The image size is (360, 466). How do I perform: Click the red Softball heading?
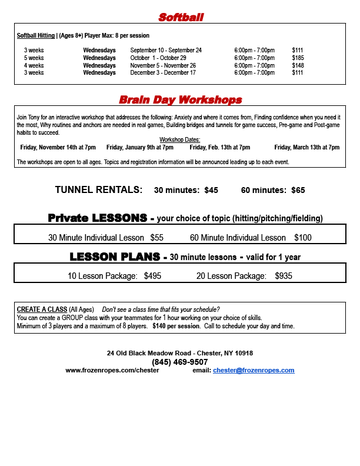click(181, 17)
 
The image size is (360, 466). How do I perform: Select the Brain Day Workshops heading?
click(180, 99)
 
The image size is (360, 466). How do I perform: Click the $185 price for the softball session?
click(298, 58)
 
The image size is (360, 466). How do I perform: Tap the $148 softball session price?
click(298, 65)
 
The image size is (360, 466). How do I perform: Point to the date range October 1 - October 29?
click(158, 58)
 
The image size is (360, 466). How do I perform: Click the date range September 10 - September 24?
click(166, 51)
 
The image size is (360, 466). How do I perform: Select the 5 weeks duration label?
click(34, 58)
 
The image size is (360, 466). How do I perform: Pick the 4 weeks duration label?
click(34, 65)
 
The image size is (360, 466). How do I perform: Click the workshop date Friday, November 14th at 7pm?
click(58, 147)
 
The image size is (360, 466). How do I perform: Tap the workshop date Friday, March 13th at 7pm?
click(306, 147)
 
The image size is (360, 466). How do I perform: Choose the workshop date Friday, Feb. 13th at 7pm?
click(219, 147)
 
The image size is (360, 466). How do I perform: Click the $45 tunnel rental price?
click(211, 190)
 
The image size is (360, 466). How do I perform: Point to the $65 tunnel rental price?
click(298, 190)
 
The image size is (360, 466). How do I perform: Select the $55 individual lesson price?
click(156, 238)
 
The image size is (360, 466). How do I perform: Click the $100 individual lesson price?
click(302, 238)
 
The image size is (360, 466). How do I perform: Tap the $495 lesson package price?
click(152, 275)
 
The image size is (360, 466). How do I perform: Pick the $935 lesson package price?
click(284, 275)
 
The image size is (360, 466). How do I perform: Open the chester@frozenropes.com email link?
click(254, 370)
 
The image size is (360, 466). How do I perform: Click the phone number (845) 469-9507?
click(180, 362)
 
